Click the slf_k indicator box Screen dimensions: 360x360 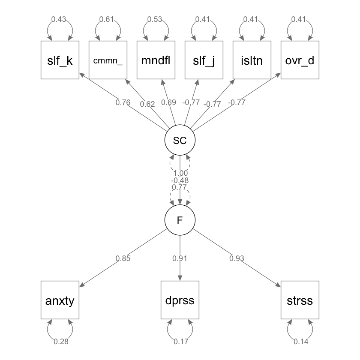(60, 60)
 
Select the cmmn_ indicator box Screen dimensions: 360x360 (108, 60)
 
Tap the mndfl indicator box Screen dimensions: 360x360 (156, 60)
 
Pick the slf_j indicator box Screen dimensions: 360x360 (204, 60)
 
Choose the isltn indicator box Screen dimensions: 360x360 (252, 60)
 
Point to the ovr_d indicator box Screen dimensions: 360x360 (300, 60)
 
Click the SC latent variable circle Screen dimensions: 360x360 (180, 140)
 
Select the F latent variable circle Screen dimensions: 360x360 (180, 220)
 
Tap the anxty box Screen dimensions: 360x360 (60, 300)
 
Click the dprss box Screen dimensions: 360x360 (180, 300)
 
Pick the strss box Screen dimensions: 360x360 (300, 300)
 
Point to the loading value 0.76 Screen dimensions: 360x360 (123, 102)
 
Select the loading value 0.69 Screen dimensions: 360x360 (168, 102)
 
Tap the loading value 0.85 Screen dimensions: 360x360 (123, 258)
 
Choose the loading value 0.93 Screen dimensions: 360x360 (237, 258)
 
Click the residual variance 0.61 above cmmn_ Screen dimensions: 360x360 (106, 19)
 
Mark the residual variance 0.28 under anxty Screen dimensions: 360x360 (60, 342)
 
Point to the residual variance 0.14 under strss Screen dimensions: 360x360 (300, 342)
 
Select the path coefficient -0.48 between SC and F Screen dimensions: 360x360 (180, 180)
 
